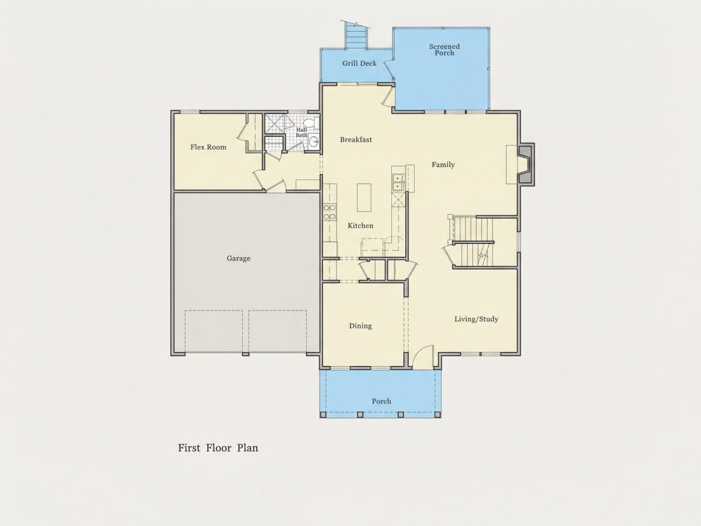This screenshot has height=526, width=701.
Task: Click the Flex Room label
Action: pos(208,147)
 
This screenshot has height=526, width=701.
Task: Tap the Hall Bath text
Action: pos(301,133)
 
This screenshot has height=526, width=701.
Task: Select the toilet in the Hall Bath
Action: pos(310,122)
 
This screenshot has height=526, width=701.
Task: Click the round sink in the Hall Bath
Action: pos(314,142)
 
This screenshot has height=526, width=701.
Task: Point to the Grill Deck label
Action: pos(359,64)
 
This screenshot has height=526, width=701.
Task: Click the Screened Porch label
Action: pos(444,50)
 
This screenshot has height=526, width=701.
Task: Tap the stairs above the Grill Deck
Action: pos(356,36)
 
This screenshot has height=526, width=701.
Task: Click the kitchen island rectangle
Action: pos(365,197)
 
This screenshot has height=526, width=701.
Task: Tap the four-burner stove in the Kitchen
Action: pos(329,212)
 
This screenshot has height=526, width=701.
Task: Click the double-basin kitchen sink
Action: pos(398,182)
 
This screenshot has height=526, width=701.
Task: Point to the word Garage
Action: pos(238,258)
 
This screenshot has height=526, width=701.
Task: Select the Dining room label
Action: pos(360,326)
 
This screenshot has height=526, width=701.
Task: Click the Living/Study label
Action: pos(476,319)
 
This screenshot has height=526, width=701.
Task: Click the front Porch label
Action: pos(381,401)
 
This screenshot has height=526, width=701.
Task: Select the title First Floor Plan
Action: pos(218,448)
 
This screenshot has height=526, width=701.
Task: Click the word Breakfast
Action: pos(356,140)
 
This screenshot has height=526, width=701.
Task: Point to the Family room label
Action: pos(443,164)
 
